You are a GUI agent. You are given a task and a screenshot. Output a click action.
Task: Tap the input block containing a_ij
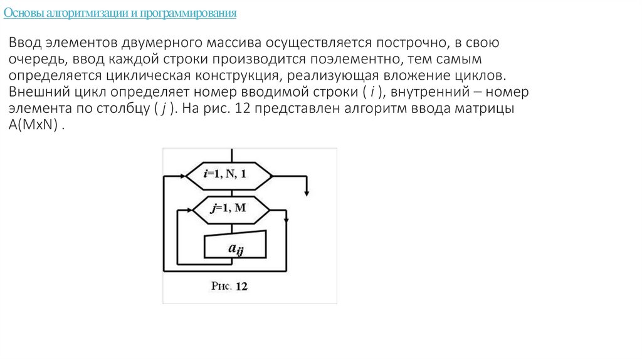pos(235,245)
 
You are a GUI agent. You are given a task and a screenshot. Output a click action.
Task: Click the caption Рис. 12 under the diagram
pos(229,286)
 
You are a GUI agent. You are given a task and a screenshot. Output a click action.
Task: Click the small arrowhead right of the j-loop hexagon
pos(286,219)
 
